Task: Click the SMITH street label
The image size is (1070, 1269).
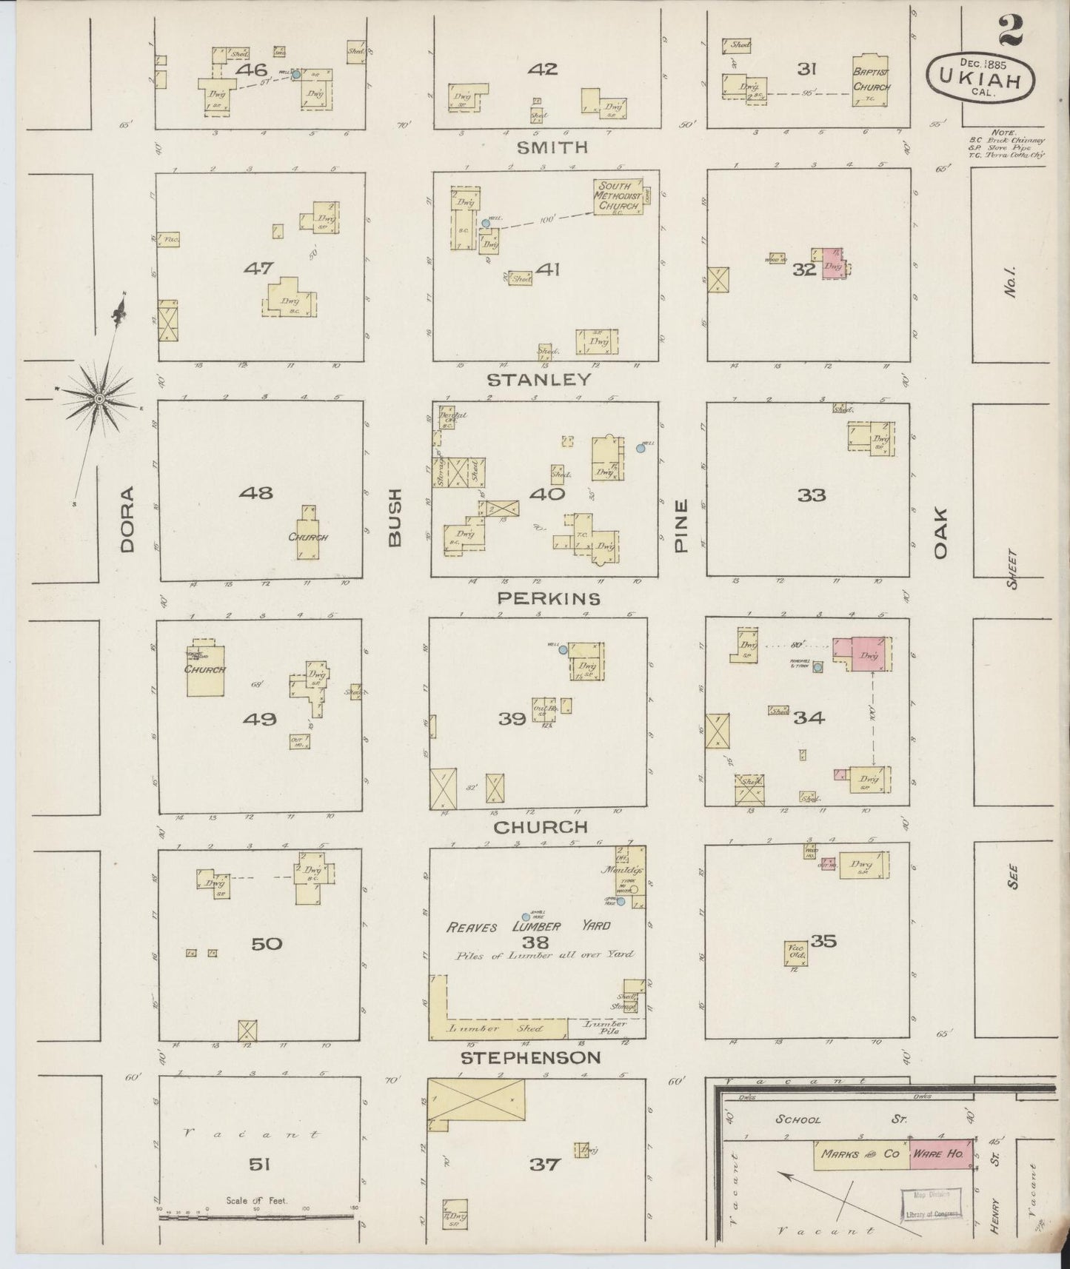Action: [552, 147]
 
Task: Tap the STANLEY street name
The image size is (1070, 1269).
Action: [539, 380]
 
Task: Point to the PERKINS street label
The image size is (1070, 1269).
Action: [549, 597]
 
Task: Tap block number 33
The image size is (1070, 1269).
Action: [812, 495]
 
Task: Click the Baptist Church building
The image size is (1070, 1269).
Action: [871, 81]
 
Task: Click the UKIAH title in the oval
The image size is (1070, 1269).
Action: [981, 78]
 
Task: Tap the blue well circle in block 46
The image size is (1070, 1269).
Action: [296, 75]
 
